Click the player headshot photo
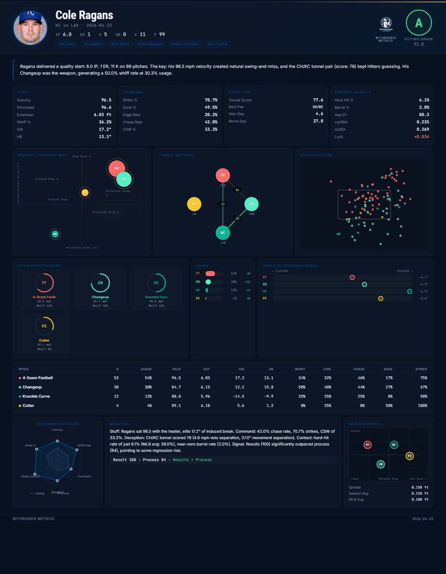30,28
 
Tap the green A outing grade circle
419,22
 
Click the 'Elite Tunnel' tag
218,44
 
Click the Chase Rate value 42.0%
210,122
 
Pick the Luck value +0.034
421,136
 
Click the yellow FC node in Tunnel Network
194,204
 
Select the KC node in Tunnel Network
223,233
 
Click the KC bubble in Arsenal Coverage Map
55,234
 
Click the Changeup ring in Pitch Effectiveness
100,283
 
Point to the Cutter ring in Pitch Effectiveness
44,326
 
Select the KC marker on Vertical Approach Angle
409,291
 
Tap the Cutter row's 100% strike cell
422,406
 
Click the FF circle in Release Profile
368,445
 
